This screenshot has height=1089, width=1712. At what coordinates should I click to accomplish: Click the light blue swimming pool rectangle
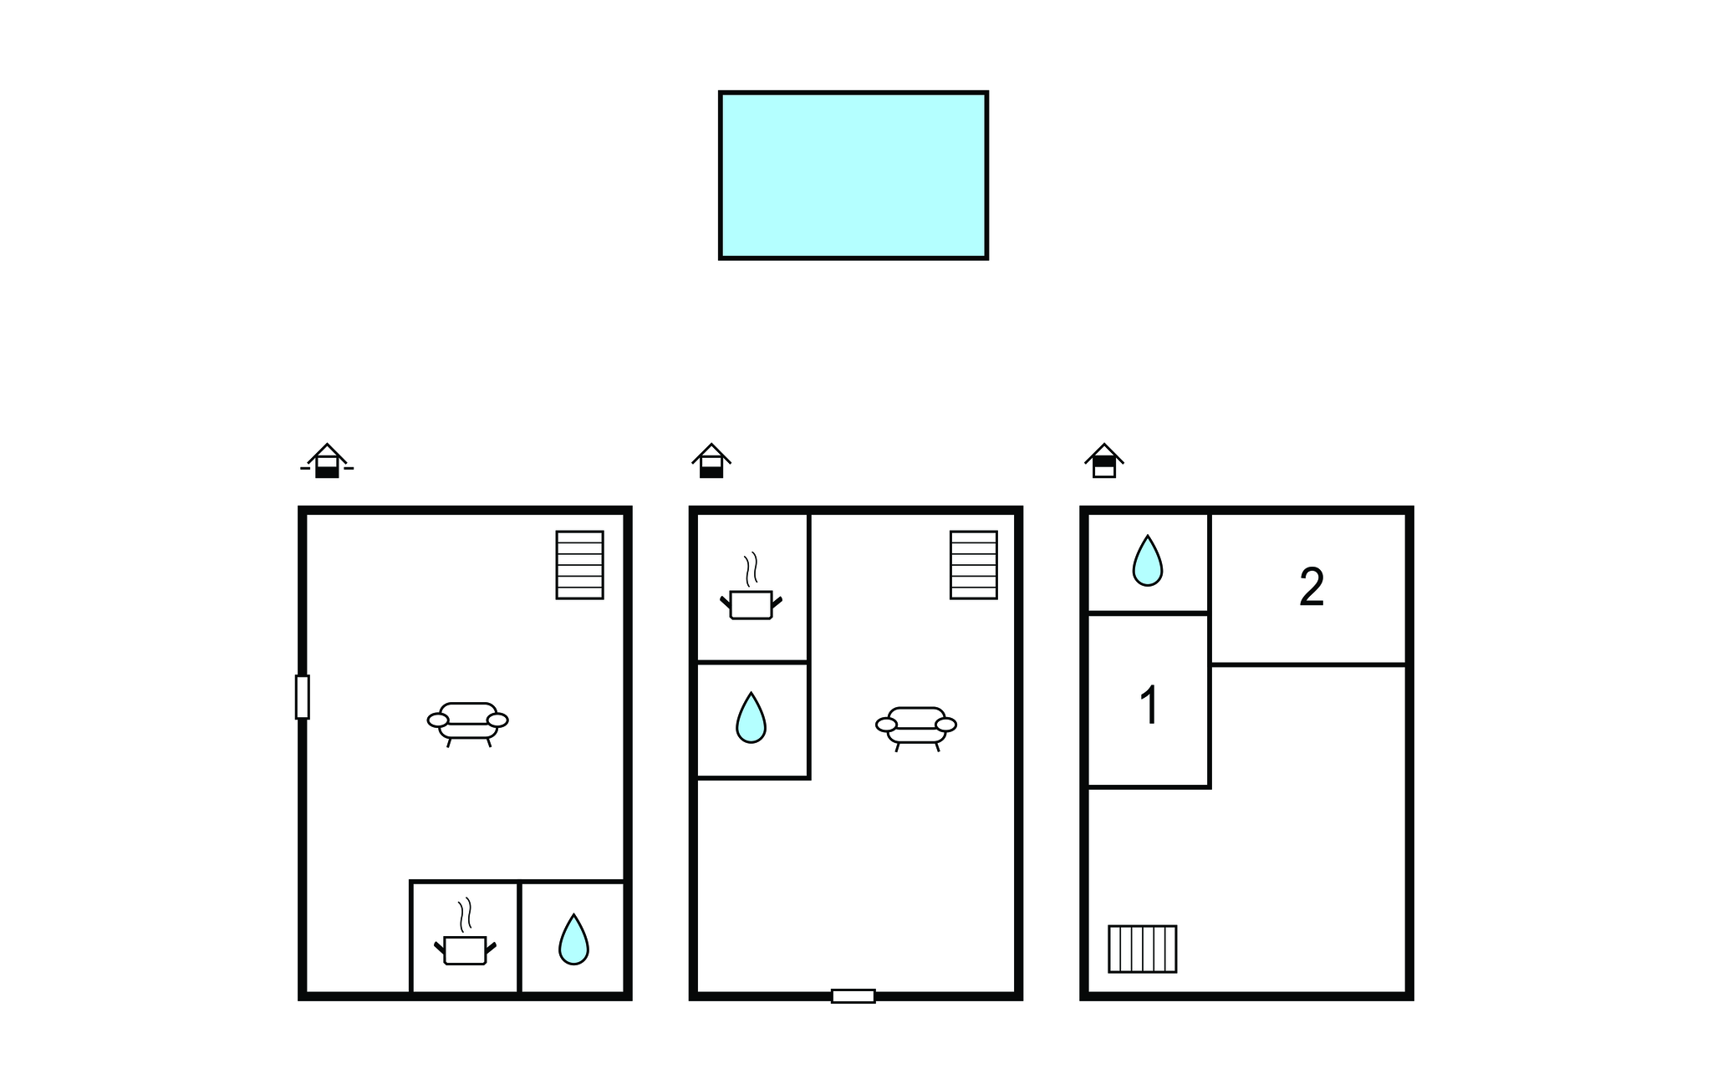point(853,176)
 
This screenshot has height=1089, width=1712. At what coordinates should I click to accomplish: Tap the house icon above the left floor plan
point(327,461)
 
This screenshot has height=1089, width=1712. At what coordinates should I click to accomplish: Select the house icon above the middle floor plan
point(711,461)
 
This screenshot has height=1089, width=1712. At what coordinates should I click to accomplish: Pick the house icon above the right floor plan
point(1104,461)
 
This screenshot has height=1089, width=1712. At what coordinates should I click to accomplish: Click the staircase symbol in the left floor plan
point(580,565)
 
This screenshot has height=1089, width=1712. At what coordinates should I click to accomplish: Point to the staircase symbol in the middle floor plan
point(974,565)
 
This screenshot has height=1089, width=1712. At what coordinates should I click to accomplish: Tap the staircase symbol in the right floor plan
point(1143,949)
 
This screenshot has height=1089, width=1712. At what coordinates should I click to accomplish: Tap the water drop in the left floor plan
point(573,939)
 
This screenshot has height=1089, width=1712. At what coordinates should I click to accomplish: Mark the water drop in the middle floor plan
point(751,718)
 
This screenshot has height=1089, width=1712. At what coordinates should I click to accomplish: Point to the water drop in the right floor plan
point(1148,561)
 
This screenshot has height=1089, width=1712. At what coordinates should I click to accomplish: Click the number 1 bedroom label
point(1150,705)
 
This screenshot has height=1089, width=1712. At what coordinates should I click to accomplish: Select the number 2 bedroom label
point(1312,587)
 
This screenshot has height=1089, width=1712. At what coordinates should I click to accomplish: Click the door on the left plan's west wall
point(303,697)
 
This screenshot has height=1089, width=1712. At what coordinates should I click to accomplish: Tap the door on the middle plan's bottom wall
point(853,996)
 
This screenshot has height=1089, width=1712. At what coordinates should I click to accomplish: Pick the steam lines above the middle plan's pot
point(751,569)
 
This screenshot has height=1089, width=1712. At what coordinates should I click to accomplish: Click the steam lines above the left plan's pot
point(465,915)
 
